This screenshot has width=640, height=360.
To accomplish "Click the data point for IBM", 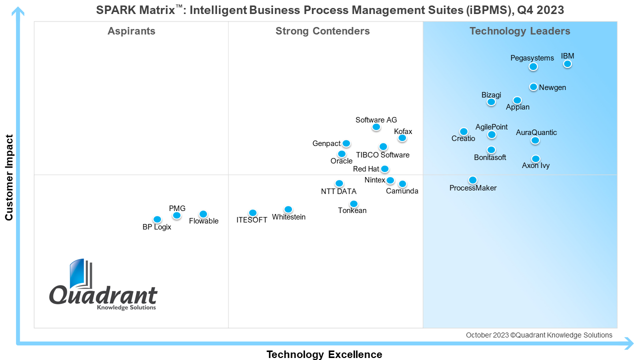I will (x=567, y=64).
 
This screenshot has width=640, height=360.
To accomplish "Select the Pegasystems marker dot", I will (x=533, y=66).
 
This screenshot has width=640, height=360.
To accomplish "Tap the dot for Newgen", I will (x=533, y=87).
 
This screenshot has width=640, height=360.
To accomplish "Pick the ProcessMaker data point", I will (x=472, y=180).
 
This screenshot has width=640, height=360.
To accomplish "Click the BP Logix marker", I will (x=157, y=219).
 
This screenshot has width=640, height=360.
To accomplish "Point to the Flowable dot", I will (x=203, y=214).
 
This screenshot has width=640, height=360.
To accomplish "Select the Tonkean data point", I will (x=353, y=204).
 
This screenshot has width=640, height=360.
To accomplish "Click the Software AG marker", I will (x=376, y=127).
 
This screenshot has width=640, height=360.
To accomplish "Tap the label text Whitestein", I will (x=288, y=217).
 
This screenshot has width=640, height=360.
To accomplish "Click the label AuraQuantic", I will (x=536, y=132).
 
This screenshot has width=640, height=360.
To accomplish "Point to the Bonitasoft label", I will (x=490, y=157).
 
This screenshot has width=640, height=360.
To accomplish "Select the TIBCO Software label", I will (x=382, y=155).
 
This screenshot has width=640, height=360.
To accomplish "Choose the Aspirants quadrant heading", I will (x=131, y=31).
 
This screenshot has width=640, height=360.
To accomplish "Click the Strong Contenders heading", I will (x=322, y=31).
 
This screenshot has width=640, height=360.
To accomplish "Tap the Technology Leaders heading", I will (x=519, y=31).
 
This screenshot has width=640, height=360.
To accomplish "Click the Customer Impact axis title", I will (x=9, y=177).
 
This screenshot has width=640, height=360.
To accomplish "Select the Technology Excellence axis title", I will (x=324, y=354).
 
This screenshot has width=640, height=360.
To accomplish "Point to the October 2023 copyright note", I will (x=539, y=335).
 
